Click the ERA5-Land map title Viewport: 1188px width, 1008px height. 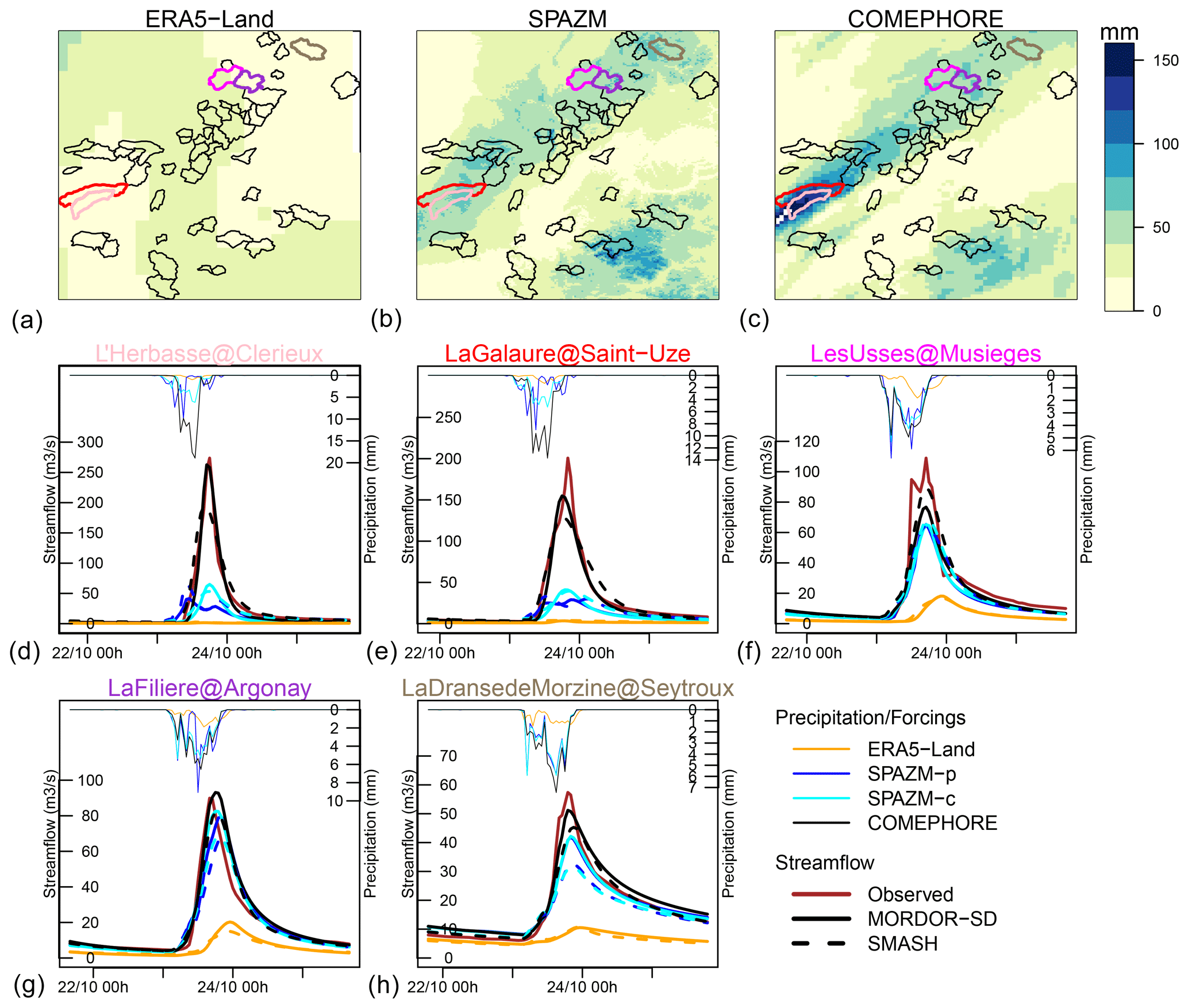[x=209, y=19]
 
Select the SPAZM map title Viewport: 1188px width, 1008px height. [x=567, y=19]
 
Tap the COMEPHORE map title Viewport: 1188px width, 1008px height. [x=925, y=19]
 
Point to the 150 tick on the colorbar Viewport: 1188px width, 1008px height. [x=1166, y=60]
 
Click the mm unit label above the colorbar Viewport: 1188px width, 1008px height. [x=1119, y=32]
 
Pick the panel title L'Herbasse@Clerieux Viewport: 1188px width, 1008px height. [x=209, y=353]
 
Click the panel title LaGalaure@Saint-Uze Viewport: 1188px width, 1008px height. [x=567, y=353]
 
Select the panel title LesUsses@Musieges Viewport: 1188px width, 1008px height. [x=925, y=353]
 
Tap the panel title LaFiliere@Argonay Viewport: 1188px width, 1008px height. [x=209, y=688]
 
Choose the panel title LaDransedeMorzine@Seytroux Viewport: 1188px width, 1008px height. [x=567, y=688]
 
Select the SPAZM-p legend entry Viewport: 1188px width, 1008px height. [x=912, y=774]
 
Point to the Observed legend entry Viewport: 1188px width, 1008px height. [x=910, y=894]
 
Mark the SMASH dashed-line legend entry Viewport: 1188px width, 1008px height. [x=902, y=944]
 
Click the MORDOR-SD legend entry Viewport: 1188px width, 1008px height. [x=932, y=919]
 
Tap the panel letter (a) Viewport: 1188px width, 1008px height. [x=27, y=320]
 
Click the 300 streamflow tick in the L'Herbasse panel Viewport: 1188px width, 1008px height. [x=90, y=442]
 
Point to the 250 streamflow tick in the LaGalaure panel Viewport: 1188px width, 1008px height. [x=448, y=417]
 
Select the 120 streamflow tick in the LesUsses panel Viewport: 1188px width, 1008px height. [x=807, y=441]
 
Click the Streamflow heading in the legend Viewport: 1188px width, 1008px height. [x=824, y=863]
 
